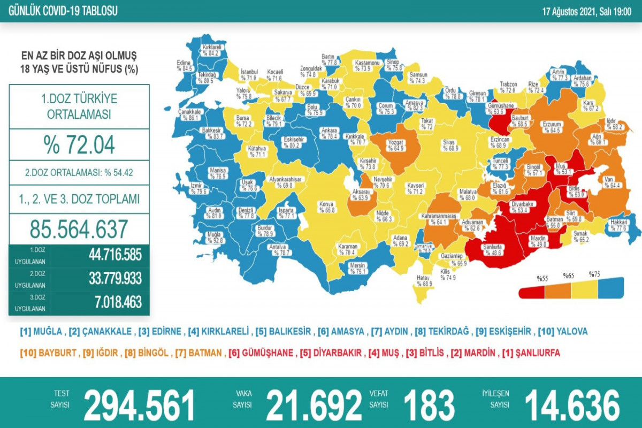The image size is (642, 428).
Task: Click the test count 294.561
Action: click(x=139, y=404)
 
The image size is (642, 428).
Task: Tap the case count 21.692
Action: click(x=314, y=404)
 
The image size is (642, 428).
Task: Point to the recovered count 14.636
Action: click(x=572, y=404)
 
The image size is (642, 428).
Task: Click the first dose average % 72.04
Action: click(x=79, y=145)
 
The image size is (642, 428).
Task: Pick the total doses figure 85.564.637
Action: click(x=79, y=229)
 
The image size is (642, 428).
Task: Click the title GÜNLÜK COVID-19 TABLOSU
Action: click(x=60, y=10)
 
